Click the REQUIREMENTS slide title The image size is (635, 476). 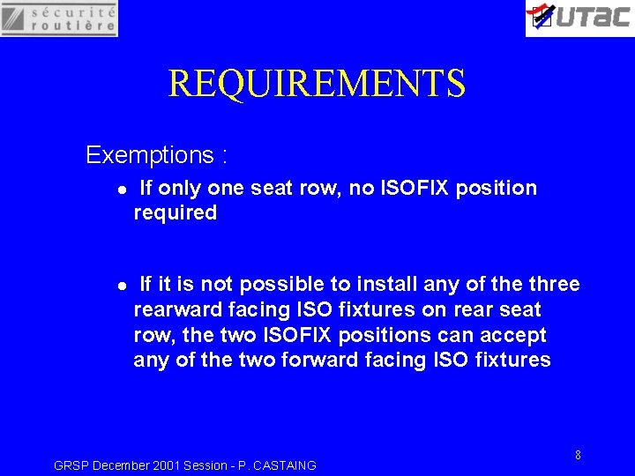click(x=317, y=84)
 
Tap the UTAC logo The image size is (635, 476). click(x=579, y=18)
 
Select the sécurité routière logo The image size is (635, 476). click(x=59, y=18)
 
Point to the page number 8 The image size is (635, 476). click(x=578, y=455)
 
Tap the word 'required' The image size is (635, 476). click(x=175, y=212)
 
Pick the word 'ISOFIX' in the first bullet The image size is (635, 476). click(x=418, y=188)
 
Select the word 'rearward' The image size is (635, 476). click(x=176, y=309)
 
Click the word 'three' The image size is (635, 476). click(x=554, y=284)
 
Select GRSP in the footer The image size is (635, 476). click(x=71, y=465)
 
